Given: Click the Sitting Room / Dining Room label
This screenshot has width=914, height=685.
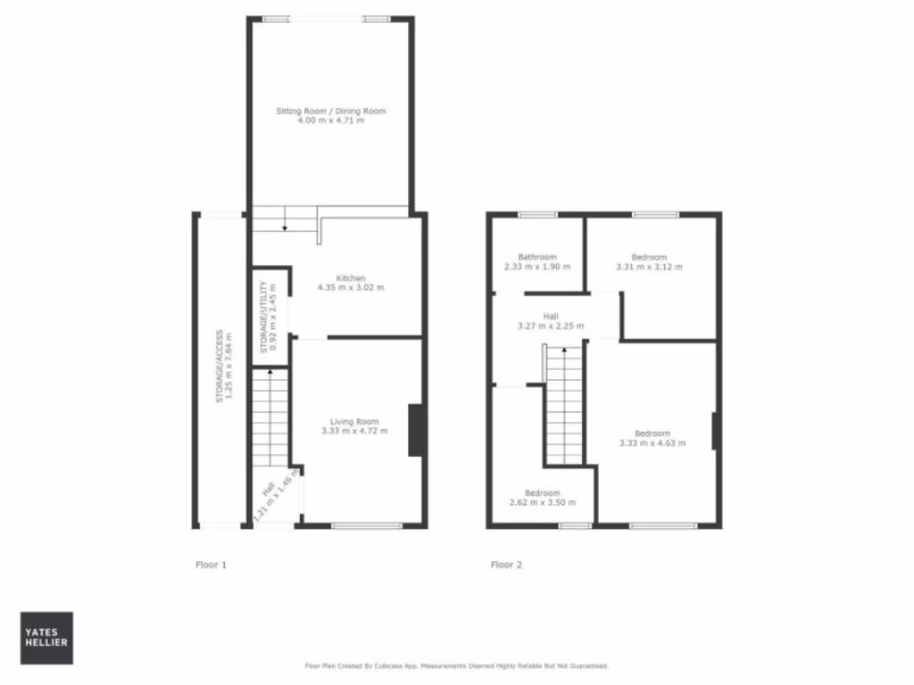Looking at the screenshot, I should click(331, 111).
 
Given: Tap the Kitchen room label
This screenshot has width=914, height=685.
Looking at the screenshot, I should click(351, 278).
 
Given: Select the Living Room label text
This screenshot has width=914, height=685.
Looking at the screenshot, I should click(354, 422).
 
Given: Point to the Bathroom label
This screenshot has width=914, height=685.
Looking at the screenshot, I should click(537, 258).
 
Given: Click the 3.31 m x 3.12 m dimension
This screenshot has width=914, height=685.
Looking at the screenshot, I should click(649, 267).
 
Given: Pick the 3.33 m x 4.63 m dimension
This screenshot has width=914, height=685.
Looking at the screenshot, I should click(652, 443).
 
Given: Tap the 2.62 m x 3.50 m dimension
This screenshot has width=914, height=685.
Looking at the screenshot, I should click(543, 502).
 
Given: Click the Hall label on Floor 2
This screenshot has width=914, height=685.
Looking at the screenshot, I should click(551, 316).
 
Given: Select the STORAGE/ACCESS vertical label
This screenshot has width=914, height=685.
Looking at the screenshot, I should click(220, 367).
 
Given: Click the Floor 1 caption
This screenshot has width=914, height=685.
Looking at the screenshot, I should click(212, 565).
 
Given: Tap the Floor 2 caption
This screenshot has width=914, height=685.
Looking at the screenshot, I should click(506, 565).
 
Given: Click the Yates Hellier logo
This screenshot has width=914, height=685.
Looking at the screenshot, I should click(46, 638).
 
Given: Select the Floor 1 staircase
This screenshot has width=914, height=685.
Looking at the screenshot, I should click(270, 417).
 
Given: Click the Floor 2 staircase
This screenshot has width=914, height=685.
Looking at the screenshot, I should click(563, 406).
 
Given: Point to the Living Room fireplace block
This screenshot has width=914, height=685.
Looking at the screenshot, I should click(415, 431).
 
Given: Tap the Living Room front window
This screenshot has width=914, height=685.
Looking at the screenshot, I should click(367, 525).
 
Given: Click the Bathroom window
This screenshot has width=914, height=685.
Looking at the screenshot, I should click(537, 214).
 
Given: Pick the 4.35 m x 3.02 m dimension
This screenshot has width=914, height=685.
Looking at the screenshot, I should click(351, 288).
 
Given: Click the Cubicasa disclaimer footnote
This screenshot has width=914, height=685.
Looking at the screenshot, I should click(457, 665).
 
